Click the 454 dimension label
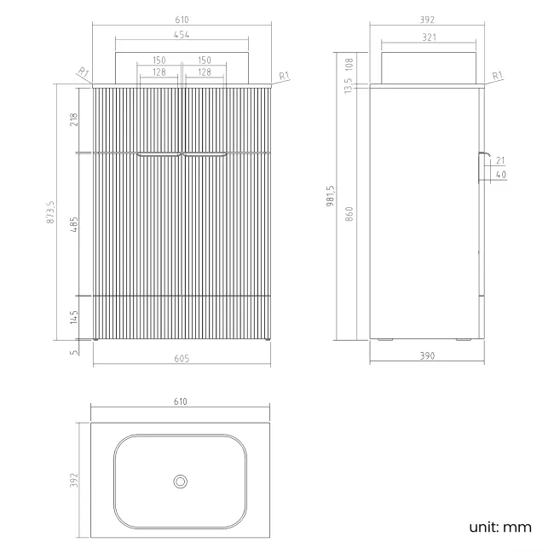pos(182,35)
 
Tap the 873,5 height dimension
pos(50,212)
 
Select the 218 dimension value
pos(73,119)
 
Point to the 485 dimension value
pos(73,224)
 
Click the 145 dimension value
pos(73,317)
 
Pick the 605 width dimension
pos(182,359)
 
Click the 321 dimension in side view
pos(429,38)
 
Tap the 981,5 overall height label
pos(331,196)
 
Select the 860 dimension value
pos(349,214)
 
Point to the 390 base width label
pos(427,355)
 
